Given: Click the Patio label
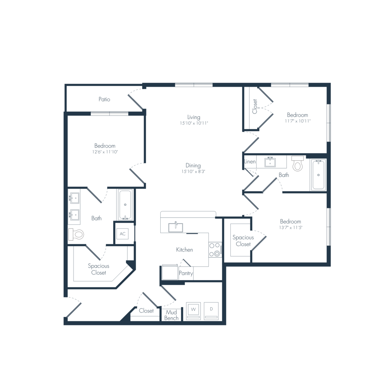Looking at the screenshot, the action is point(104,99).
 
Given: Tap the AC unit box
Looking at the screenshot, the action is point(123,234).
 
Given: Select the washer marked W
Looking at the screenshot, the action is point(193,311).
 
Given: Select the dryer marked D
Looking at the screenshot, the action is point(211,311).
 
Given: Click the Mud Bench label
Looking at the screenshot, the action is point(172,315).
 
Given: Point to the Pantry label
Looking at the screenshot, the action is point(186,273).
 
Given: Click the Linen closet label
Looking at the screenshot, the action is point(250,162).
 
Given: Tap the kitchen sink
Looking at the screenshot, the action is point(176,227).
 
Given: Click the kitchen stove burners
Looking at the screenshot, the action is point(215,249).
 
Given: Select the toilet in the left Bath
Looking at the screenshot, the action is point(76,234).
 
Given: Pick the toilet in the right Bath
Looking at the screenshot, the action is point(298,164).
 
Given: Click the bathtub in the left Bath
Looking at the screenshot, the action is point(125,205).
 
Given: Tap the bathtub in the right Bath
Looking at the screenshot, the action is point(319,175).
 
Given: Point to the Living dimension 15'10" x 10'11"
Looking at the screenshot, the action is point(194,123).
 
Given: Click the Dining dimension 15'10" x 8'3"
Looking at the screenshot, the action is point(193,172).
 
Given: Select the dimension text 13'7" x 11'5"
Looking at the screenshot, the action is point(290,227).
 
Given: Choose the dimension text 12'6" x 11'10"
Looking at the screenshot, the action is point(105,152).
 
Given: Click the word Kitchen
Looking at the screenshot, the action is point(184,250).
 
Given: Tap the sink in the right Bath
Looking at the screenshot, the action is point(270,162).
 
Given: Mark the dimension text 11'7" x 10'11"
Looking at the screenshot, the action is point(298,121).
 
